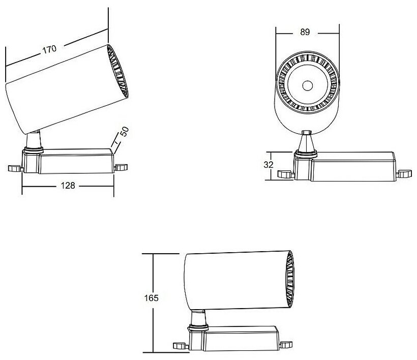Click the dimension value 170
click(49, 50)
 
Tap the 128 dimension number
click(68, 186)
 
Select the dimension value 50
click(124, 133)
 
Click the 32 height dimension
click(269, 165)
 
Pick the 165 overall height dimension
click(152, 298)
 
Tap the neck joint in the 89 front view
click(306, 142)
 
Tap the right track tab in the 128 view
click(122, 167)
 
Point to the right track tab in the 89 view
click(405, 173)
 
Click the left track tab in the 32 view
click(285, 174)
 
